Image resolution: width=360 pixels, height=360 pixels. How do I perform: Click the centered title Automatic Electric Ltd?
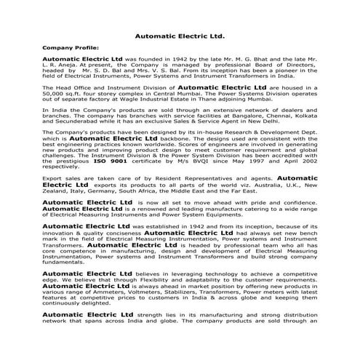pyautogui.click(x=180, y=34)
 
